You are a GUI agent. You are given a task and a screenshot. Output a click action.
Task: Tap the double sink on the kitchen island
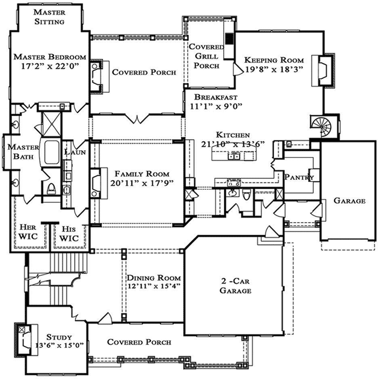(233, 155)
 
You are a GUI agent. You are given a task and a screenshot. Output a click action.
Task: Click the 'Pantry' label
(299, 178)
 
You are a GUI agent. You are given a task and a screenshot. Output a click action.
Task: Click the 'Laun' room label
(71, 152)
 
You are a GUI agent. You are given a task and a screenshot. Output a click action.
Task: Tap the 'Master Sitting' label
(50, 17)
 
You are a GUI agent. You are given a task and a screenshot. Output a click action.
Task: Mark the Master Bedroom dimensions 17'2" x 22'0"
(50, 66)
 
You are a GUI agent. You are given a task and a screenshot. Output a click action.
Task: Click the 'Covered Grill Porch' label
(206, 56)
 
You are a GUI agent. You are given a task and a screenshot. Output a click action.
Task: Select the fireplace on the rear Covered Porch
(96, 75)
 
